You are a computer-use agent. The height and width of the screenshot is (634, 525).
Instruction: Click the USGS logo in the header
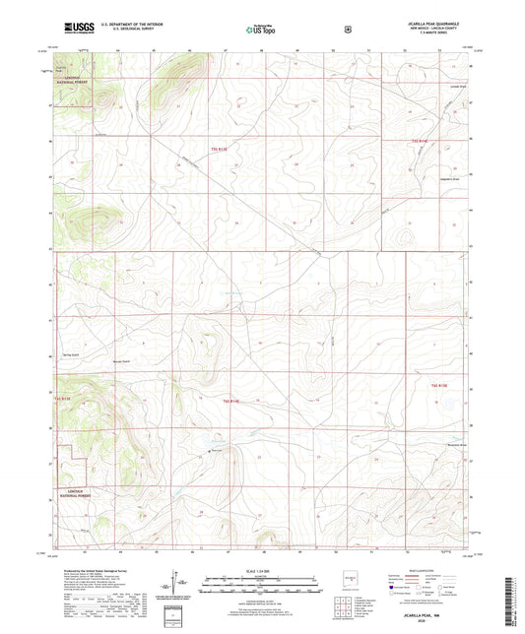click(x=80, y=29)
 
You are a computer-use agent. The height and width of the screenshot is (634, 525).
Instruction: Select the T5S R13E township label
click(x=219, y=149)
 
